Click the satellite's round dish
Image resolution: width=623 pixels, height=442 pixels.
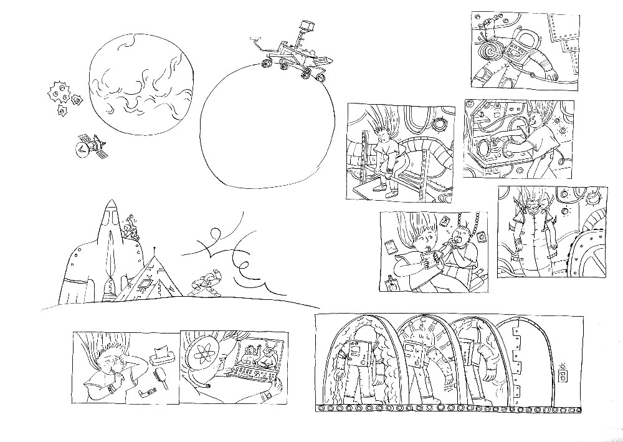coord(82,150)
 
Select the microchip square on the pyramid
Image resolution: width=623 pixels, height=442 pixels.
coord(145,284)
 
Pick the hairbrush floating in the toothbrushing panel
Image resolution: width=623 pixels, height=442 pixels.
coord(160,378)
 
